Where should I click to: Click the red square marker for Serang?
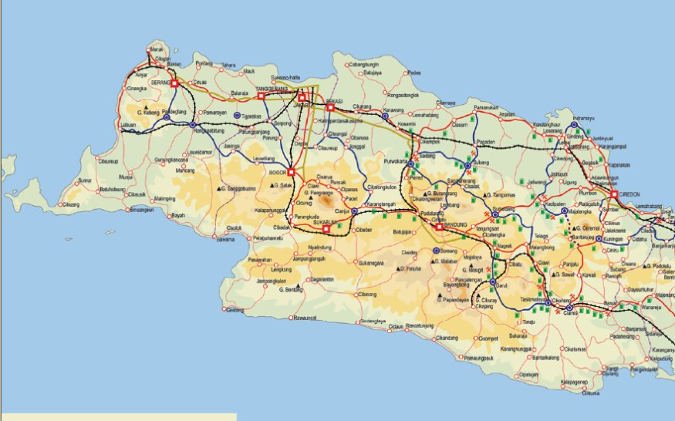(174, 83)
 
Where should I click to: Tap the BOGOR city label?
(277, 173)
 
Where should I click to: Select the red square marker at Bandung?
(439, 227)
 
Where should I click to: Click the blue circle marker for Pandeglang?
(166, 118)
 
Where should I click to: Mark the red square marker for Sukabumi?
(326, 228)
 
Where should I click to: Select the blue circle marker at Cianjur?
(354, 210)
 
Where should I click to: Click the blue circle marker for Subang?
(467, 165)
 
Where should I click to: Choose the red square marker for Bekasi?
(330, 107)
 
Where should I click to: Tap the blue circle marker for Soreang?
(436, 251)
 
